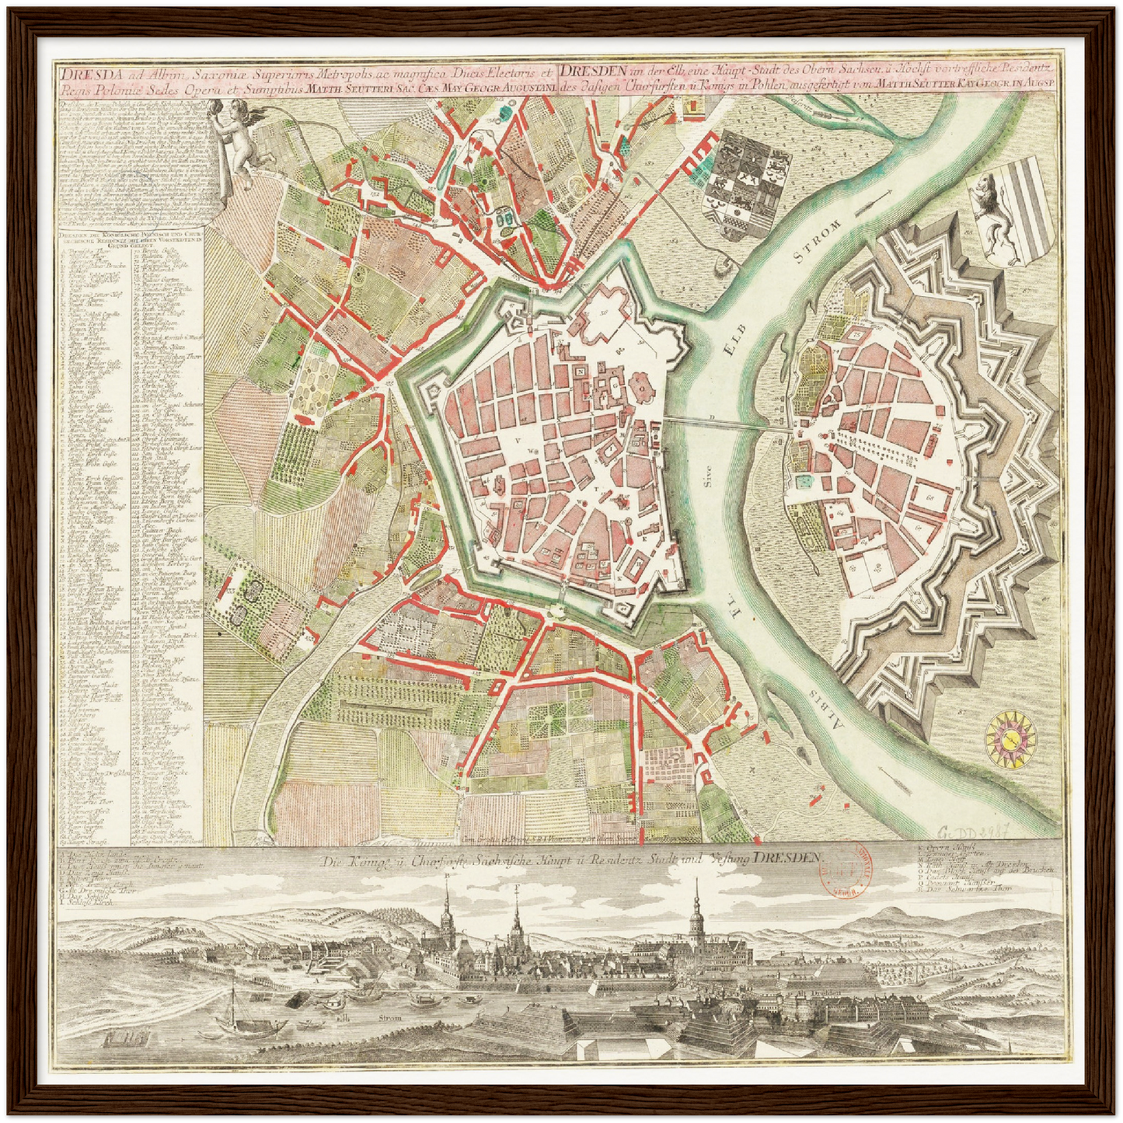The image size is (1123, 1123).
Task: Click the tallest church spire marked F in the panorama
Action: [516, 933]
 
